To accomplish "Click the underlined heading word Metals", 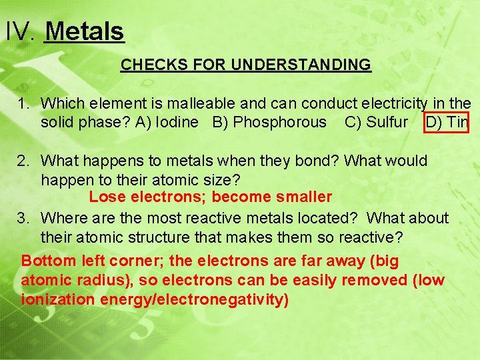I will pos(84,31).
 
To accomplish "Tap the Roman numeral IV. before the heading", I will pos(19,31).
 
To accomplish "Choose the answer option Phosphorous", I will pos(280,122).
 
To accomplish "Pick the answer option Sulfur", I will pos(387,122).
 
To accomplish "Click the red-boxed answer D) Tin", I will pos(447,122).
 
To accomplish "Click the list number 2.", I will pos(22,161).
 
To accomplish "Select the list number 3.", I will pos(22,218).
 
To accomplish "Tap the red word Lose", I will pos(107,197).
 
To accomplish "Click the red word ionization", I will pos(58,299).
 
